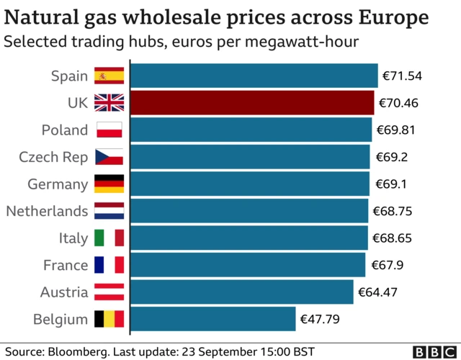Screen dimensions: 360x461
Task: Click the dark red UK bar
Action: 252,103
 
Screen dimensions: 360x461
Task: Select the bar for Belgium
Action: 213,319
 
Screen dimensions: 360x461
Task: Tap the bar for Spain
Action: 254,76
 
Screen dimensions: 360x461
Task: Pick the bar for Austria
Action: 242,292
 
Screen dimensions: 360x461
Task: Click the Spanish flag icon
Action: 109,76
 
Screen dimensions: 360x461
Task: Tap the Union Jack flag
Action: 109,103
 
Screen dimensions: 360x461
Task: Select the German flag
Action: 109,184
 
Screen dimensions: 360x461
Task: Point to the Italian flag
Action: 109,238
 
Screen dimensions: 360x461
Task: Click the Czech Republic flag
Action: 109,157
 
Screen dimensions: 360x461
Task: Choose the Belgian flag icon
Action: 109,319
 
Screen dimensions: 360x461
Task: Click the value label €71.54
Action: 401,76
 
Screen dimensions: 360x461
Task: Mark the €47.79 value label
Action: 319,319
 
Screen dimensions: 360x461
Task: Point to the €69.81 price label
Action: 395,130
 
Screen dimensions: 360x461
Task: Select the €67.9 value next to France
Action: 387,265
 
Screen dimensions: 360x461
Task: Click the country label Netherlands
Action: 47,211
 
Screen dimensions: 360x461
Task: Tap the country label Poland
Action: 65,130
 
